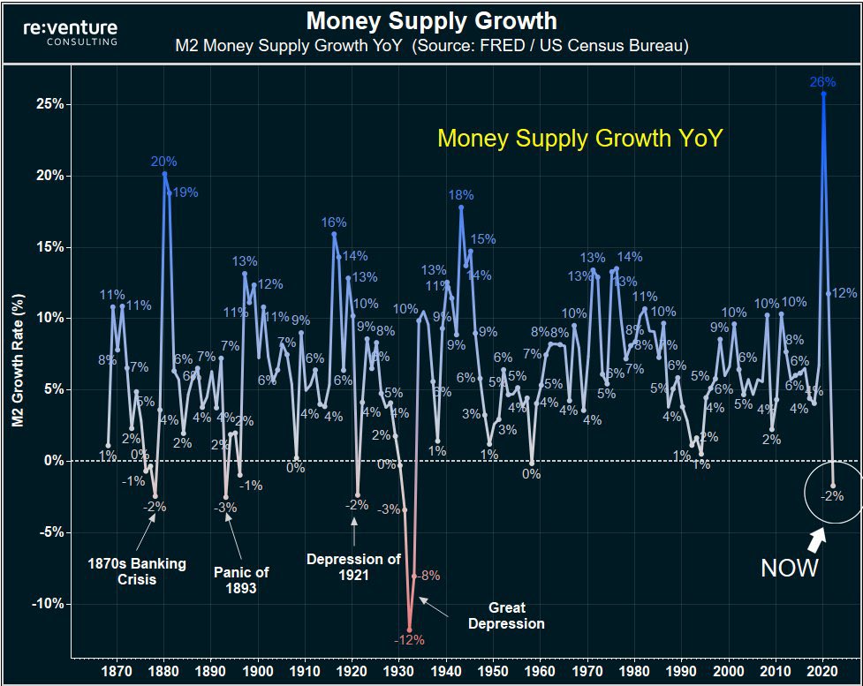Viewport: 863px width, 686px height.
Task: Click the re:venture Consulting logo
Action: (x=71, y=33)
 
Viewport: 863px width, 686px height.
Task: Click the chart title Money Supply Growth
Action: (x=431, y=20)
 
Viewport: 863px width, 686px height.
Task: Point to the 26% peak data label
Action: (x=822, y=82)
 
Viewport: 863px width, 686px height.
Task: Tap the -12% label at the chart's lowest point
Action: (x=409, y=640)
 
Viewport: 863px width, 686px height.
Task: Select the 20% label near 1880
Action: (x=164, y=162)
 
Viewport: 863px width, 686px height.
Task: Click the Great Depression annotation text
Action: (x=506, y=615)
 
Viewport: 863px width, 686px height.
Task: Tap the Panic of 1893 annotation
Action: (x=241, y=579)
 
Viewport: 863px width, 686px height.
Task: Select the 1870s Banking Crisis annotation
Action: (x=137, y=571)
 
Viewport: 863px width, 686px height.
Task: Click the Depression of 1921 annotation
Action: (x=353, y=566)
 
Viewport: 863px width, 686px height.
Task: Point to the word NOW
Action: (x=790, y=568)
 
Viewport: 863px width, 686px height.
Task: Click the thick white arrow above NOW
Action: (x=815, y=537)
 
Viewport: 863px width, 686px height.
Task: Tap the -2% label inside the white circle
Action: (x=833, y=496)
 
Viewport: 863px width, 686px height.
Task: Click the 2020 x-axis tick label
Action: (x=822, y=671)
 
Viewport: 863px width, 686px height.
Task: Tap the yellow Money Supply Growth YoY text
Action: (x=580, y=139)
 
